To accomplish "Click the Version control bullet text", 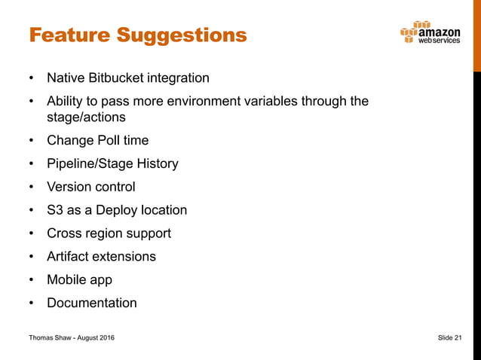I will (91, 187).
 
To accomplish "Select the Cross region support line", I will (109, 233).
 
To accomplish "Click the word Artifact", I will (70, 256).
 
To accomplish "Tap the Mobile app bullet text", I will (79, 279).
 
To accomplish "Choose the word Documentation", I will (92, 303).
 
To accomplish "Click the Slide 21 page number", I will (449, 338).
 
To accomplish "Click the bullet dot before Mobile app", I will (31, 280).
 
